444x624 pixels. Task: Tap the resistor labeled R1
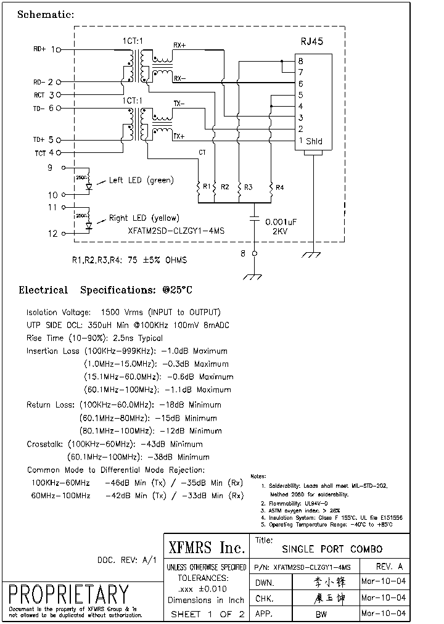click(x=199, y=187)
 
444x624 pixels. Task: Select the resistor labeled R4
click(x=271, y=187)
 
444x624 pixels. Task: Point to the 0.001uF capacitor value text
click(x=281, y=221)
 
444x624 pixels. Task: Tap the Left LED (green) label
click(x=141, y=181)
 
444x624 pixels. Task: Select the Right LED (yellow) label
click(x=144, y=218)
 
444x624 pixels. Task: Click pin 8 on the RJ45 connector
click(x=301, y=61)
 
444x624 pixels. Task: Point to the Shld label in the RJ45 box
click(x=314, y=141)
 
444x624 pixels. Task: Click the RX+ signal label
click(x=179, y=45)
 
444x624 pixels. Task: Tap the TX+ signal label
click(x=179, y=136)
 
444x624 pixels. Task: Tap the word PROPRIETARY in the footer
click(x=68, y=594)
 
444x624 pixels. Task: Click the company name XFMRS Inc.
click(x=207, y=547)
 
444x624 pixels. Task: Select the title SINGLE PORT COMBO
click(x=332, y=549)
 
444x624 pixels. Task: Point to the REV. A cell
click(x=389, y=567)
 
